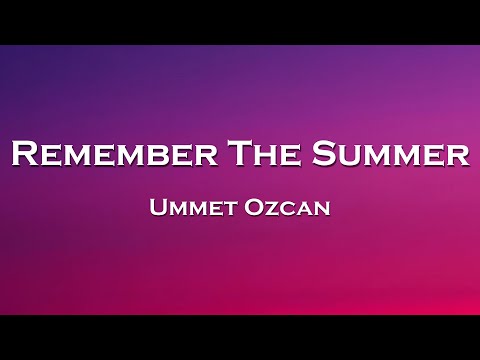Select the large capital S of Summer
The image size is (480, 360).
tap(322, 155)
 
